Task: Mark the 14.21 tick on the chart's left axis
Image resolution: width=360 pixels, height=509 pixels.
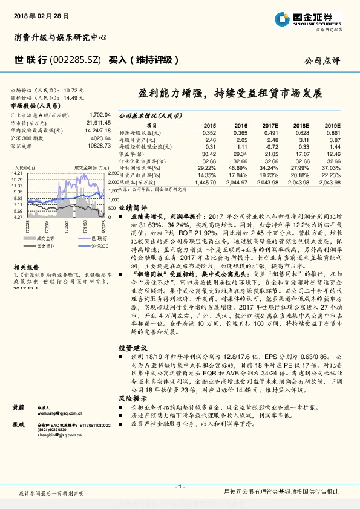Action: (17, 173)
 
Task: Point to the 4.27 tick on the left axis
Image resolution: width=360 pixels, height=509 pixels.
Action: (18, 216)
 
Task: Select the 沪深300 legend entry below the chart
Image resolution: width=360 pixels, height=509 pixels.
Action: (99, 247)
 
